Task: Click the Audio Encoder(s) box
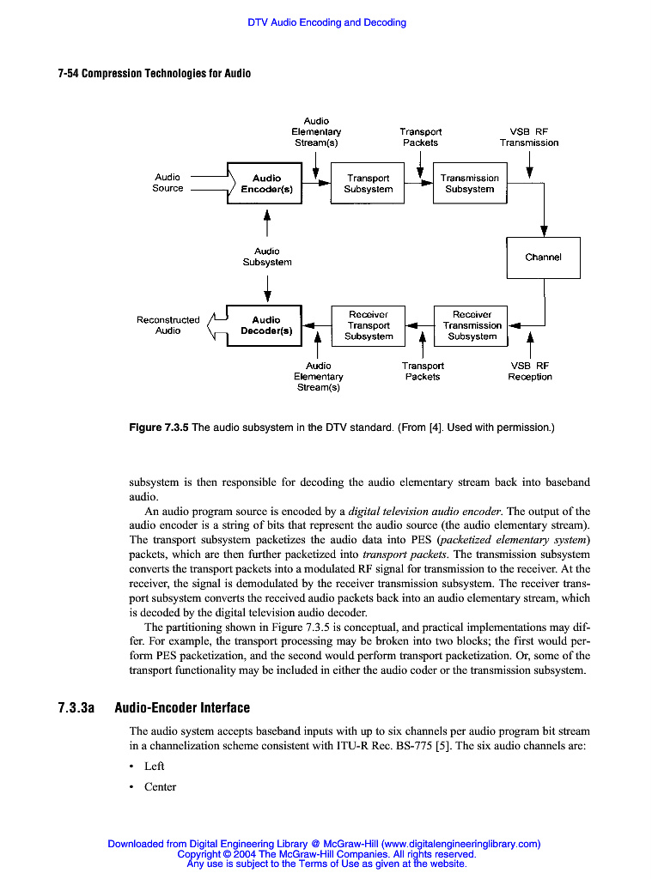265,184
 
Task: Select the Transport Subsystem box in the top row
368,184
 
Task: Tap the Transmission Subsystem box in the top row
469,184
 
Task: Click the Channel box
543,258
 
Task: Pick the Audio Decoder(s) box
265,325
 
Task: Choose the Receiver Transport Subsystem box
368,325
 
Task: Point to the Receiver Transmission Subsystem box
472,325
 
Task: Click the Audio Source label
168,183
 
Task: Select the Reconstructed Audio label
168,324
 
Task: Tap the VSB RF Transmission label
529,137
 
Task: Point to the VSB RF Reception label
530,371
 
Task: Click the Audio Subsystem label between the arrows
266,257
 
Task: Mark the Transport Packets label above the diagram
420,137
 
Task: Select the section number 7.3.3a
76,708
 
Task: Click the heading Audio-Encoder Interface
182,708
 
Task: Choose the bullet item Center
160,786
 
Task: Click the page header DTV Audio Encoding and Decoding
326,22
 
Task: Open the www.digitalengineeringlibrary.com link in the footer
460,844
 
